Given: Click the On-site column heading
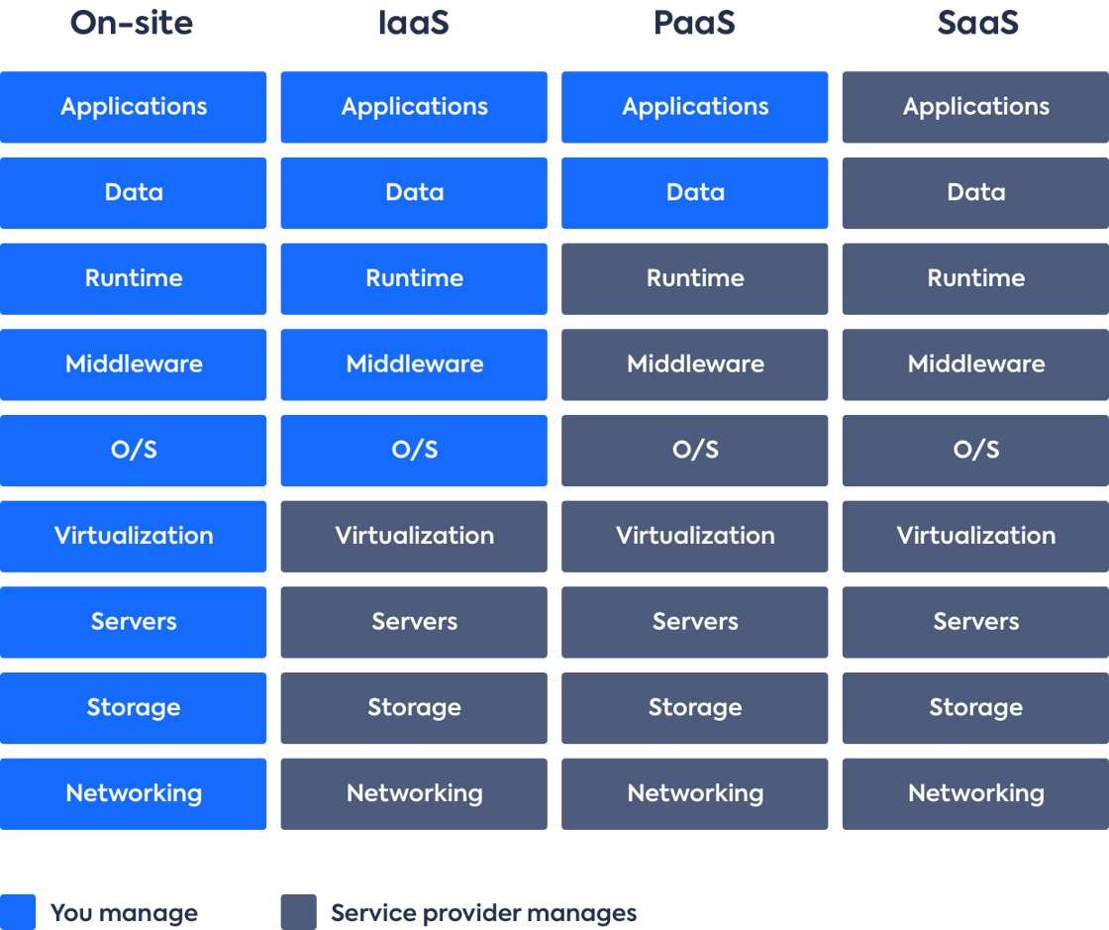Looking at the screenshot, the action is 132,23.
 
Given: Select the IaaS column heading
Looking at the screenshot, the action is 414,23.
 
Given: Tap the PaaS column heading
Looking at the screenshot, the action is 694,23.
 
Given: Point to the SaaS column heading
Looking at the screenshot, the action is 978,23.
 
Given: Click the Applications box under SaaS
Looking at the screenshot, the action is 975,107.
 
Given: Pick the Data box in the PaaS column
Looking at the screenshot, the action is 694,193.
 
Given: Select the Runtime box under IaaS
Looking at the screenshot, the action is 414,278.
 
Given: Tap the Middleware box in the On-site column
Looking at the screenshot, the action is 133,364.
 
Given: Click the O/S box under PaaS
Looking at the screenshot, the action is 694,451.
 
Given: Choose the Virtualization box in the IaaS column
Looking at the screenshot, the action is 414,536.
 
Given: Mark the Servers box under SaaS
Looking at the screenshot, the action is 975,622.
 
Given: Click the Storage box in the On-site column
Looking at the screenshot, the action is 133,708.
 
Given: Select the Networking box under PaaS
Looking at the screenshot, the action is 694,794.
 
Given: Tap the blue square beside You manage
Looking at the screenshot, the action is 18,912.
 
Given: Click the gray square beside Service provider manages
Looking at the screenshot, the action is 298,912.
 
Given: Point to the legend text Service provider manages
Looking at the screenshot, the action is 484,913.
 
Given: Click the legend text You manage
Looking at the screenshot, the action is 124,913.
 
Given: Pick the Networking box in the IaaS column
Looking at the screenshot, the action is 414,794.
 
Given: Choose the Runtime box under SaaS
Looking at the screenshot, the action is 975,278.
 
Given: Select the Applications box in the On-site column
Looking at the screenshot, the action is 133,107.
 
